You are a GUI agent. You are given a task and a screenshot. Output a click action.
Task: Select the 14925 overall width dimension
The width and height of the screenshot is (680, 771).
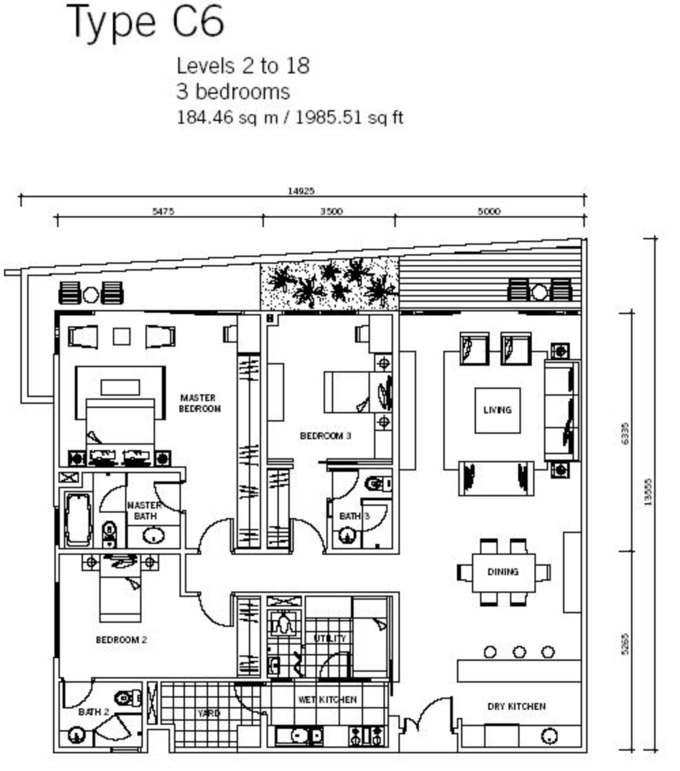[301, 191]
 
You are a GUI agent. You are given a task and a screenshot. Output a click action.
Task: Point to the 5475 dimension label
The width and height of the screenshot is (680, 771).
[163, 211]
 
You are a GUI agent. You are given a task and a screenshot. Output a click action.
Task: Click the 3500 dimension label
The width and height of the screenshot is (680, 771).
[331, 211]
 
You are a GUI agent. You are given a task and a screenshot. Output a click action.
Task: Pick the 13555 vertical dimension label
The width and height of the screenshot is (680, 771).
[648, 492]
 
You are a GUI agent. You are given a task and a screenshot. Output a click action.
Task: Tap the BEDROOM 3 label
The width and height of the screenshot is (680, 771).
[326, 436]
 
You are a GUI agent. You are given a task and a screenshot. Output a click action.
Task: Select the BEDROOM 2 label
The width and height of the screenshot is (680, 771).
[121, 640]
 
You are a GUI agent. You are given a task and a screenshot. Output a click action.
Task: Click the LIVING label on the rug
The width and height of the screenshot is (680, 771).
[497, 409]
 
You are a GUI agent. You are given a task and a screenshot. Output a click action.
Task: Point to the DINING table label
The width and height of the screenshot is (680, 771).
[503, 571]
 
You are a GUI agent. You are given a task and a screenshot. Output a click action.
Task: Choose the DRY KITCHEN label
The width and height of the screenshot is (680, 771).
[516, 706]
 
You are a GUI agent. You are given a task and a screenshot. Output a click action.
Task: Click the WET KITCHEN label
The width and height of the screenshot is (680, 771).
[328, 699]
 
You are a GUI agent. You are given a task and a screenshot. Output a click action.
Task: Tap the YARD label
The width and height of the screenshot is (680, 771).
[209, 713]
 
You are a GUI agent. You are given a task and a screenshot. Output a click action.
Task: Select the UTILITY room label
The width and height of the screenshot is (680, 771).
[330, 638]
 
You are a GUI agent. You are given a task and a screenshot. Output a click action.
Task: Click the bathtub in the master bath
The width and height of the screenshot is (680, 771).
[79, 519]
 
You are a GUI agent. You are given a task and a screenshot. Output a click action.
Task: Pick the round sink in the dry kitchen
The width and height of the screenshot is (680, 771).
[549, 736]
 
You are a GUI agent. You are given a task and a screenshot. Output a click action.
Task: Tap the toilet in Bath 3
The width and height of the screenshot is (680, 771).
[378, 484]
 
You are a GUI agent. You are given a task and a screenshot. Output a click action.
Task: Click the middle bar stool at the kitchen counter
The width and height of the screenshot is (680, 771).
[520, 652]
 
